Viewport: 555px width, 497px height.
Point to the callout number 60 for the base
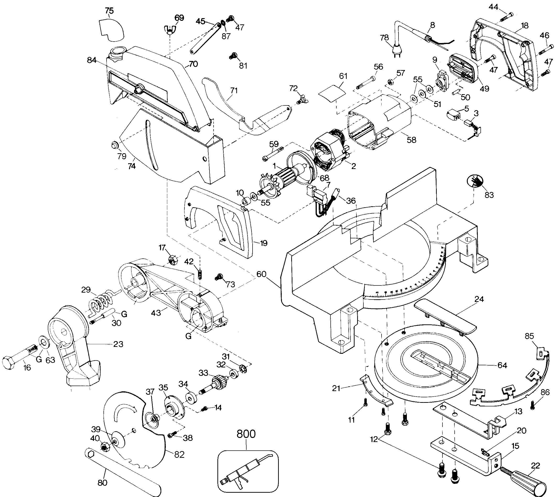[261, 274]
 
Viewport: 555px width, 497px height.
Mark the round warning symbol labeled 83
[475, 181]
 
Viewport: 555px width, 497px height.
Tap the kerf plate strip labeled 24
[445, 317]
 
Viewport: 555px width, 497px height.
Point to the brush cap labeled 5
[453, 114]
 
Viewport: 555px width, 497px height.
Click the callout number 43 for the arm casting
[156, 312]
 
